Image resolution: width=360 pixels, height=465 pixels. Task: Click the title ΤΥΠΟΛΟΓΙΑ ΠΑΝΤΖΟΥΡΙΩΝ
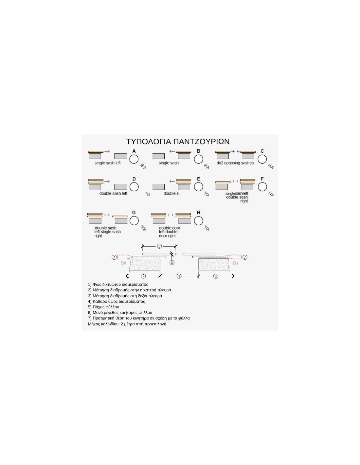coord(178,142)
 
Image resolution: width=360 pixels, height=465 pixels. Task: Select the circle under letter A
coord(134,159)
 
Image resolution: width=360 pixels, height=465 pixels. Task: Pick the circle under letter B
coord(198,159)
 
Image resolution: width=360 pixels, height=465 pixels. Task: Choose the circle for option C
coord(262,159)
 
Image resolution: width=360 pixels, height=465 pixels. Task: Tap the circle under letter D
coord(134,187)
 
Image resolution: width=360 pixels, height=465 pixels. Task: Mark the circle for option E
coord(198,187)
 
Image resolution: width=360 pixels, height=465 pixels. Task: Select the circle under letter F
coord(262,187)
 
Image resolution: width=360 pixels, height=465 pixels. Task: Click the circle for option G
coord(134,221)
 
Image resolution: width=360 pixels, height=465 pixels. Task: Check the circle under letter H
coord(198,221)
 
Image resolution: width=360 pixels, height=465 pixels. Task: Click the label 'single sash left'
coord(107,163)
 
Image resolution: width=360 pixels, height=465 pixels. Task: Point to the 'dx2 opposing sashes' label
coord(235,163)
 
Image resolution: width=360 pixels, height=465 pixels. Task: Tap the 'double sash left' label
coord(113,194)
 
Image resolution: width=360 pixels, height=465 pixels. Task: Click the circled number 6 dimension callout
coord(159,246)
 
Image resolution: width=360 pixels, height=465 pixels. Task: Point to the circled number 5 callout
coord(172,262)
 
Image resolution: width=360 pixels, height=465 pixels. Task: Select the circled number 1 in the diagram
coord(179,276)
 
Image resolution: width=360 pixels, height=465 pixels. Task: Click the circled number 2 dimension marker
coord(143,276)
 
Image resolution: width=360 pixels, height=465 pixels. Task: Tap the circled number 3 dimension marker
coord(215,276)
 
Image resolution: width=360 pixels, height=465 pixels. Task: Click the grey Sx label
coord(123,263)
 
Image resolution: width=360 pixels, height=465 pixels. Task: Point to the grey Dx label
coord(236,263)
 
